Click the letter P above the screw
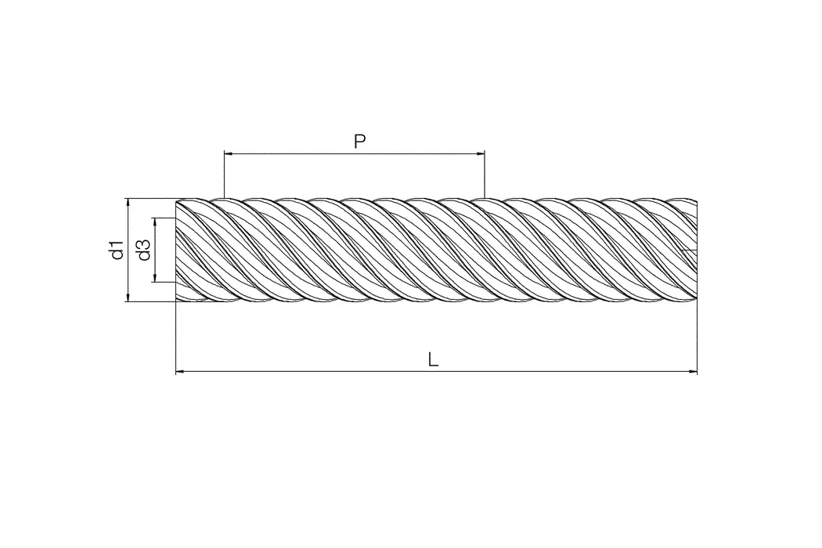point(359,142)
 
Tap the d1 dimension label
point(116,251)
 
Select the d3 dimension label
point(143,251)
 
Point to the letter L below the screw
point(433,359)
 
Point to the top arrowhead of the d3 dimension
point(155,222)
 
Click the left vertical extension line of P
point(224,176)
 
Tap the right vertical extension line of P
point(485,176)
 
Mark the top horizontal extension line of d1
point(149,199)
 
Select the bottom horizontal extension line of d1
point(149,302)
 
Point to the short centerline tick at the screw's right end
point(689,251)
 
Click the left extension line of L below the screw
point(175,337)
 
